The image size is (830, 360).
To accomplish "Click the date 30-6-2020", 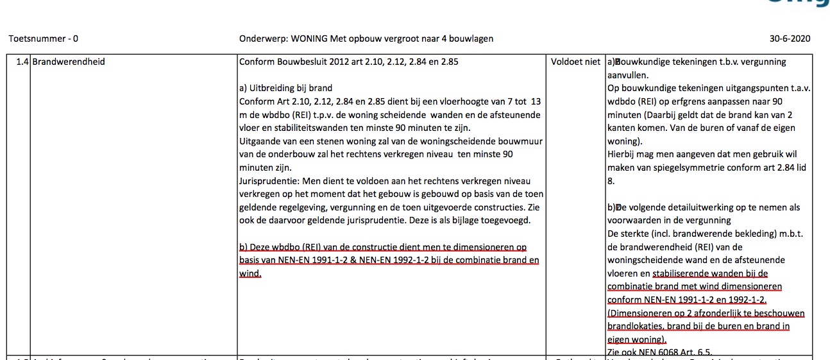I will pos(790,39).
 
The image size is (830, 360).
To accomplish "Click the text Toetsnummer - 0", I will pos(44,39).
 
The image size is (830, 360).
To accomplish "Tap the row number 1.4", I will pos(22,62).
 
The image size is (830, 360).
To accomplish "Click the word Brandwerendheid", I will pos(69,62).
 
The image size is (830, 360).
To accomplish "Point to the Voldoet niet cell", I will pos(576,62).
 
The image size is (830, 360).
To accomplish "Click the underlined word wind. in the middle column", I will pos(250,273).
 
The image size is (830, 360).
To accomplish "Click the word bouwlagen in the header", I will pos(472,39).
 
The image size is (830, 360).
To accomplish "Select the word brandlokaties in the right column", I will pos(637,326).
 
